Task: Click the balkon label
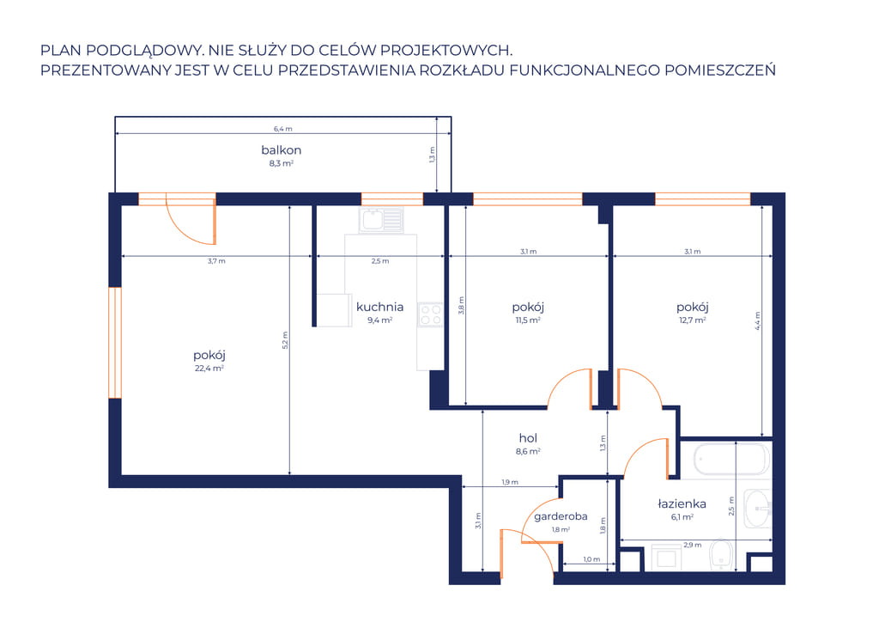point(282,149)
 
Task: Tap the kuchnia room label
point(379,307)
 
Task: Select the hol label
point(528,438)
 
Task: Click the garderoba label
point(561,516)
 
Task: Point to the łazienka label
point(682,503)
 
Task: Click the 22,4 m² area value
point(209,368)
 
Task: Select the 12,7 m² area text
point(693,320)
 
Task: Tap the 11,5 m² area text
point(528,320)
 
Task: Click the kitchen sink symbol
point(381,220)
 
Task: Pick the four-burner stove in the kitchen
point(430,314)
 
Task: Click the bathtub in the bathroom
point(732,460)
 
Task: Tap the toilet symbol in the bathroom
point(721,554)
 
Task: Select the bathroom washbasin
point(757,509)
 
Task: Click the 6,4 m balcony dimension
point(283,129)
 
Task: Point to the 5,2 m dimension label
point(285,340)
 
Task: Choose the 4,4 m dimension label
point(757,320)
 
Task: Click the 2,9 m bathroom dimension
point(693,545)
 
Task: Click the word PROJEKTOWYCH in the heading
point(446,51)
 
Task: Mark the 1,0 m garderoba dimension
point(591,559)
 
